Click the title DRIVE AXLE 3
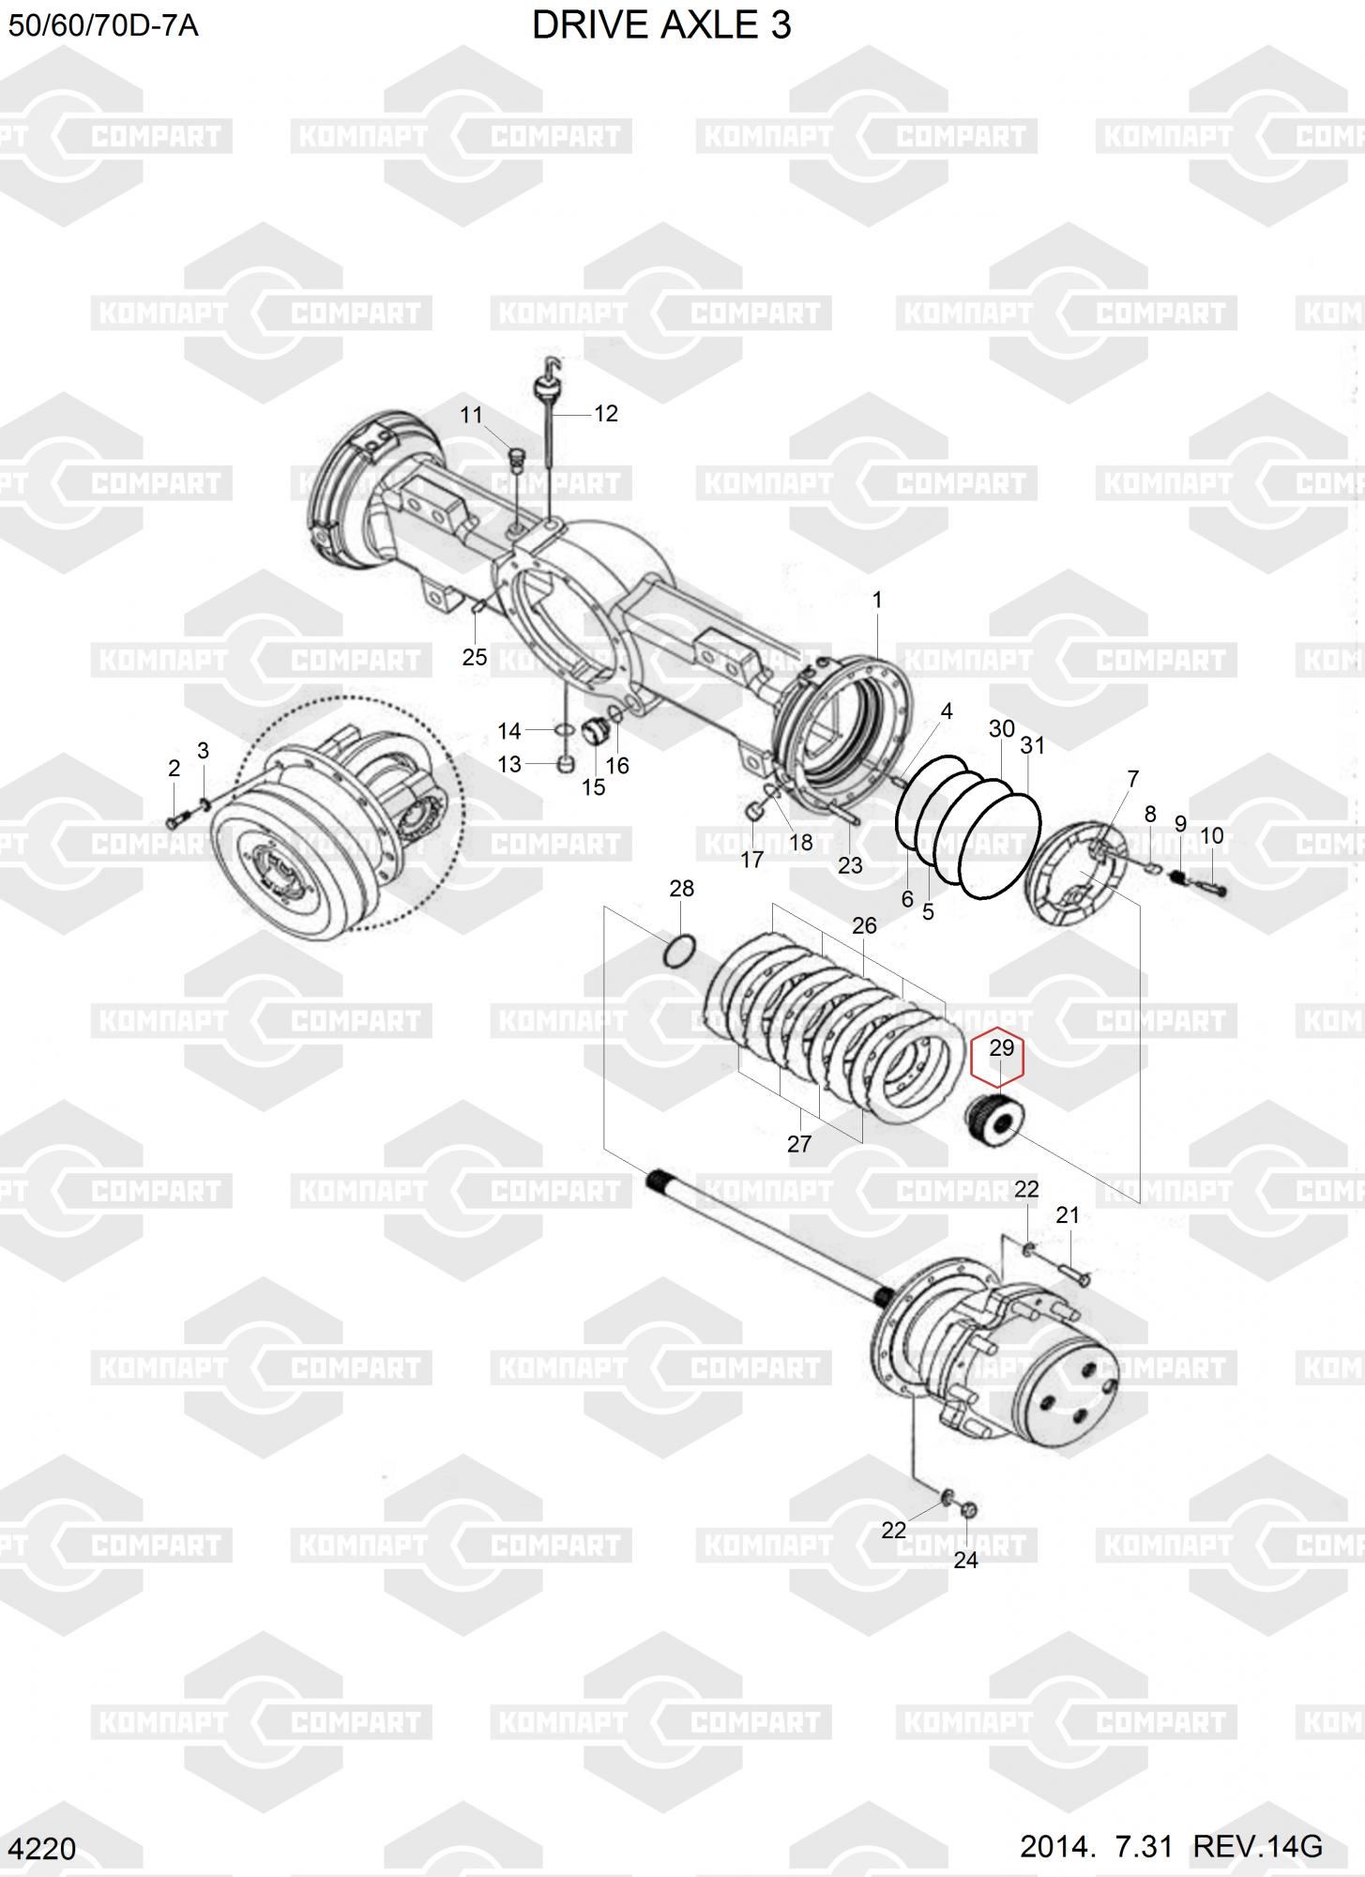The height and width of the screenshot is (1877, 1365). (661, 25)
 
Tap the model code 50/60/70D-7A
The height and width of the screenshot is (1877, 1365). (103, 25)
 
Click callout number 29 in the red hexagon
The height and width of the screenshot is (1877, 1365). (1001, 1047)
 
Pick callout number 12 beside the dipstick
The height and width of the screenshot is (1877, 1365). (606, 413)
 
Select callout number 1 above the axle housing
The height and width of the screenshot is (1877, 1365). (877, 599)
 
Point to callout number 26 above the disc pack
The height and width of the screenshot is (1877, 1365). (864, 925)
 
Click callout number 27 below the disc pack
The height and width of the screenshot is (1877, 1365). (799, 1143)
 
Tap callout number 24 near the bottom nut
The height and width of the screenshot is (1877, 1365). (965, 1559)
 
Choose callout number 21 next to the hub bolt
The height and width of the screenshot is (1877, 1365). (1068, 1215)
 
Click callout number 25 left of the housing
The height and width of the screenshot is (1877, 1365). (475, 656)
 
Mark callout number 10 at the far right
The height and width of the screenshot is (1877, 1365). (1211, 835)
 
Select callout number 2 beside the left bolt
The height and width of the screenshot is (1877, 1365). (174, 768)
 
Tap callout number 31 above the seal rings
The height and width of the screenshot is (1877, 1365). (1032, 745)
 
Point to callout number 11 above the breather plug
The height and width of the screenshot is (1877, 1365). (471, 415)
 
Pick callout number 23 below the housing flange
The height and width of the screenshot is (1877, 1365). (850, 864)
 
